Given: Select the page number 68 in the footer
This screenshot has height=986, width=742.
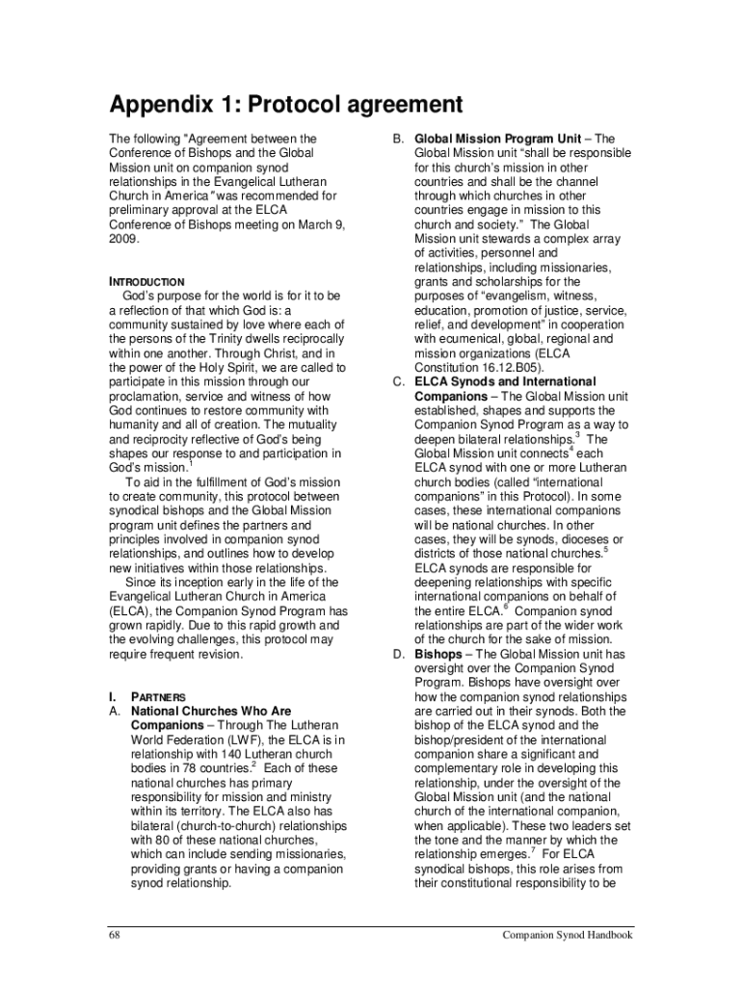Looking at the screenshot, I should coord(114,935).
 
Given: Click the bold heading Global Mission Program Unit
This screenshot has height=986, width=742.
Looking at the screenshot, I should coord(497,139).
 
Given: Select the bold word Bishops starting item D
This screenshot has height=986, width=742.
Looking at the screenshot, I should coord(437,654).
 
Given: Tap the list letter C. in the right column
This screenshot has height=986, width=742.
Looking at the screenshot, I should coord(398,381).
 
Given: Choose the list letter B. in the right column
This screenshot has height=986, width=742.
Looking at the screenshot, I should coord(398,139).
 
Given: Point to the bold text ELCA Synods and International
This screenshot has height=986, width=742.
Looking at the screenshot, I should coord(505,381).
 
